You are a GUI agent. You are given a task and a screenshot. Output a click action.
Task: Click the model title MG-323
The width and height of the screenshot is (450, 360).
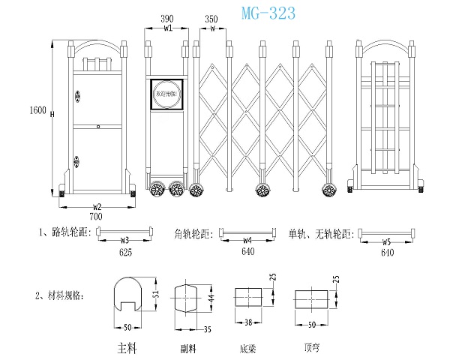[x=267, y=13]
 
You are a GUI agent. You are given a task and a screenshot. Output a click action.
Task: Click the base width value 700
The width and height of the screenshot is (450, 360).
[x=97, y=215]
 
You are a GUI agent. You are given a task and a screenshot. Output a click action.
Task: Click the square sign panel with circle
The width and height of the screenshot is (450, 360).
[x=167, y=94]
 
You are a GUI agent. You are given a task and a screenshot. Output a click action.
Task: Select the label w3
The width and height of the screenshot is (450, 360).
[x=125, y=241]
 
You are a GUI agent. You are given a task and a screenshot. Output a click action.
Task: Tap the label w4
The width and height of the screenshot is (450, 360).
[x=247, y=241]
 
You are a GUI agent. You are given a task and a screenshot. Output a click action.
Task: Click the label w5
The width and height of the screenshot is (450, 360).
[x=386, y=241]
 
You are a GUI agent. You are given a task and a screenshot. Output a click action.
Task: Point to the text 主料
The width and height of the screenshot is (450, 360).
[x=127, y=348]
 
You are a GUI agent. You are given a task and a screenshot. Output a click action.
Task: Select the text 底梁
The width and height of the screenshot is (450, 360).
[x=247, y=348]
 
